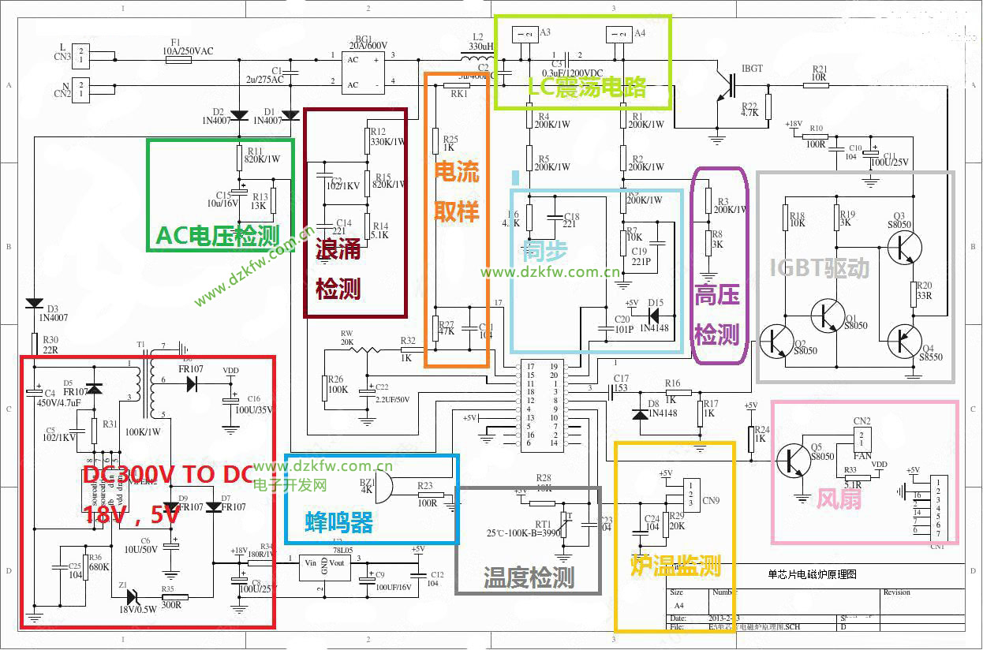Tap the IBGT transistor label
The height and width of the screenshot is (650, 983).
point(752,69)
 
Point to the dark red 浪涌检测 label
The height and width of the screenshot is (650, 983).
point(338,269)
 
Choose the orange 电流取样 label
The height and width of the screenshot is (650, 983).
point(457,193)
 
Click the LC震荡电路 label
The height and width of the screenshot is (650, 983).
point(587,88)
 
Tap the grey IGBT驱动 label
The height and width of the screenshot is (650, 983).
point(820,268)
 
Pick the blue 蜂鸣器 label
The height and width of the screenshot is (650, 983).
point(338,521)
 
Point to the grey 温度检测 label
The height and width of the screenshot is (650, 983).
point(528,578)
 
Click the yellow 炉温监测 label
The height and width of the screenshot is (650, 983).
point(675,565)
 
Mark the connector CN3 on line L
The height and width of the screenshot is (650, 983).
point(81,54)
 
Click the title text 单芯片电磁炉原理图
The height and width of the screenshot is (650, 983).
point(812,575)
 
